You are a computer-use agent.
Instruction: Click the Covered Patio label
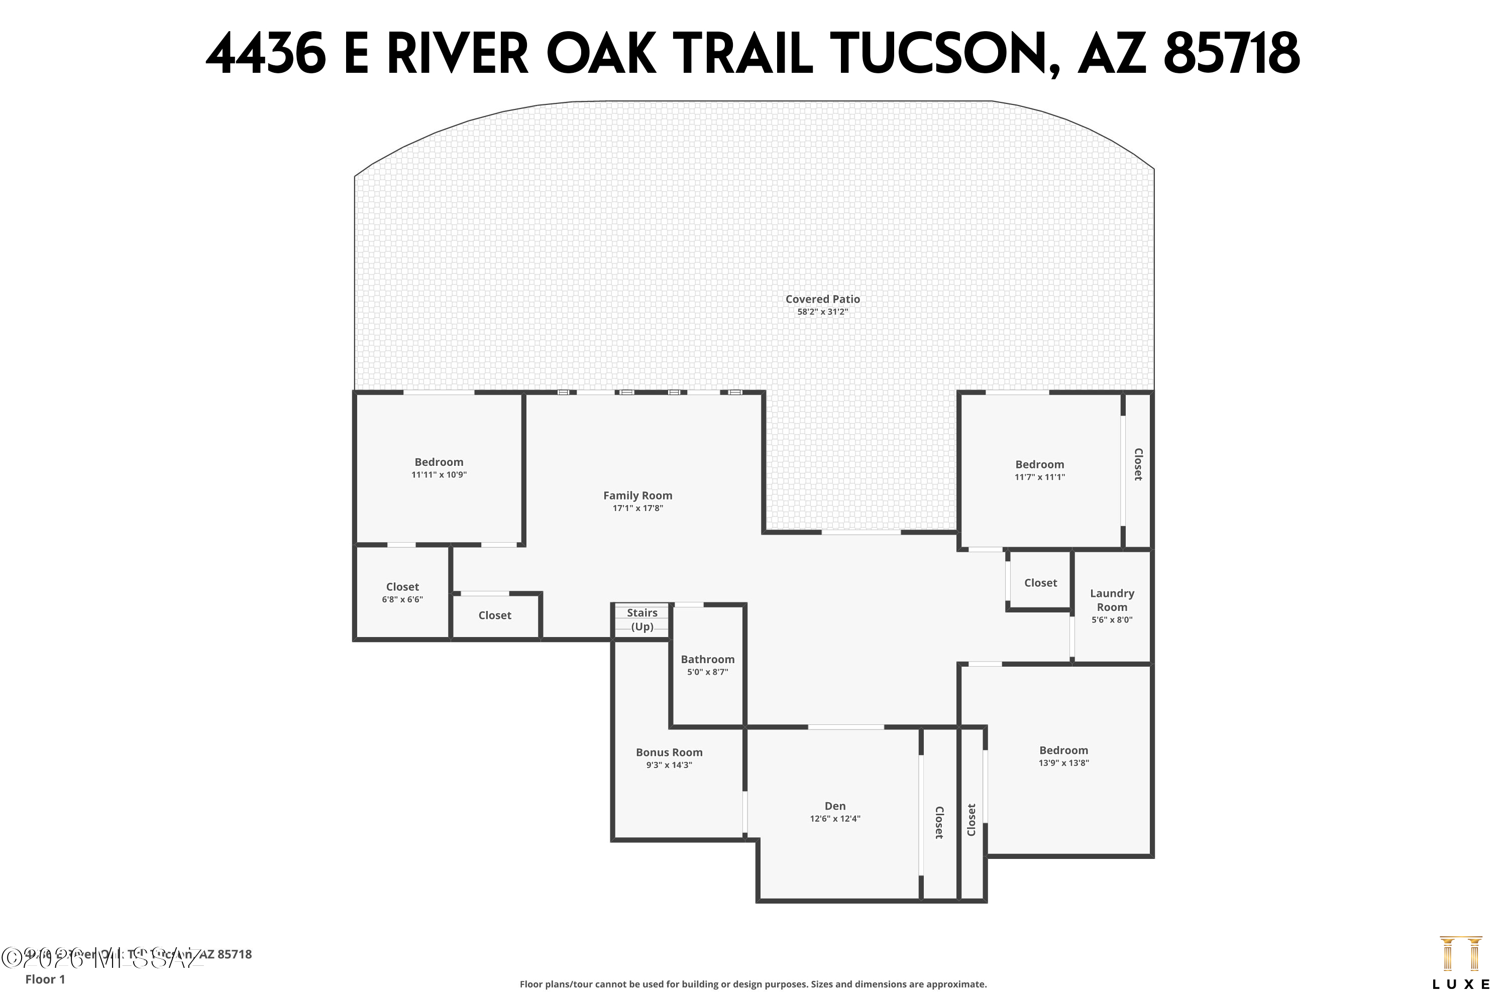tap(823, 299)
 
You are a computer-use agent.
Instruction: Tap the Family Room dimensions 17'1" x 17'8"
tap(637, 509)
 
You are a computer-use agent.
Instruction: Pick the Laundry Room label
tap(1112, 600)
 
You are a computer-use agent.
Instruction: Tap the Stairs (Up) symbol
tap(642, 620)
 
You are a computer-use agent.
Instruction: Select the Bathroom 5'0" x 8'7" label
tap(707, 665)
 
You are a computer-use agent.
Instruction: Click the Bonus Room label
tap(669, 753)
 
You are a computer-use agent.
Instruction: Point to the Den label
tap(835, 806)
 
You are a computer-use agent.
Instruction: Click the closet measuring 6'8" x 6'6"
tap(402, 593)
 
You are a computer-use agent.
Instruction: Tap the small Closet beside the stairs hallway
tap(495, 615)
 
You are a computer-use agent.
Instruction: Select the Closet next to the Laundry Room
tap(1040, 583)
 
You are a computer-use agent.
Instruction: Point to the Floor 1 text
tap(45, 979)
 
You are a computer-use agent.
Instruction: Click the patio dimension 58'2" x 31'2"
tap(823, 312)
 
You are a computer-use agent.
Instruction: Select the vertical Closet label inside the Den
tap(939, 823)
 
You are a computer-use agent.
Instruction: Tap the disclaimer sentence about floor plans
tap(753, 984)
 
